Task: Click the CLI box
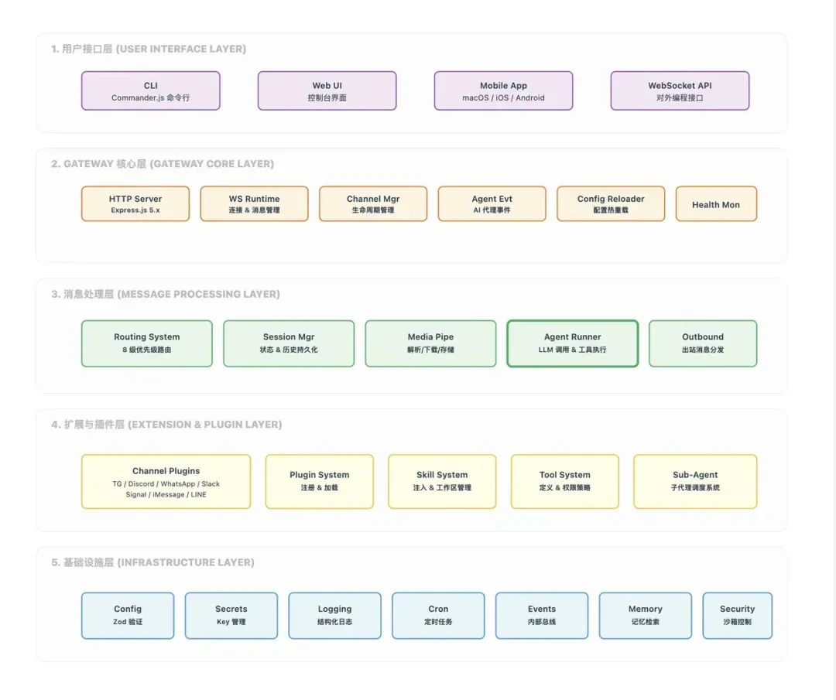(151, 91)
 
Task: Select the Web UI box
(327, 91)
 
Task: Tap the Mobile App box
(503, 91)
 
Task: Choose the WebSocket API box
(680, 91)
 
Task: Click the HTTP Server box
(135, 203)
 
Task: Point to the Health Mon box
(716, 203)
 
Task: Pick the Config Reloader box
(611, 203)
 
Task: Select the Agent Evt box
(492, 203)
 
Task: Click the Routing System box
(146, 343)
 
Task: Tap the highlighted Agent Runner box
(573, 343)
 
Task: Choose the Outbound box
(703, 343)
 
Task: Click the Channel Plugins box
(166, 482)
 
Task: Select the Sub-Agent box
(695, 482)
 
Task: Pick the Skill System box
(442, 482)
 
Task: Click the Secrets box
(231, 616)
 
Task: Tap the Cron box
(438, 616)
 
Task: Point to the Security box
(738, 616)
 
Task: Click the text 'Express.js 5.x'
(135, 210)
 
